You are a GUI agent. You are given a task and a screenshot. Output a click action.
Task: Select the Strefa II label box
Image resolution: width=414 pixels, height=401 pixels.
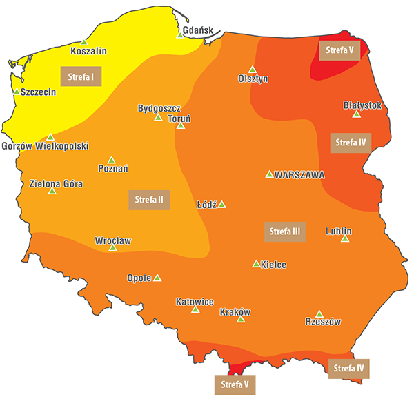[149, 199]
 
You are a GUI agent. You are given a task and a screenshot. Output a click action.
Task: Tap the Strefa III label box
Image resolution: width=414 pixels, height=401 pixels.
[285, 231]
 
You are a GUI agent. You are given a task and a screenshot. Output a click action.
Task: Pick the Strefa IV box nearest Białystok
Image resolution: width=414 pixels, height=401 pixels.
[351, 143]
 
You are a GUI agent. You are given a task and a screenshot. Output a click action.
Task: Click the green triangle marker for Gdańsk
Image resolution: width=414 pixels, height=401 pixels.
[180, 34]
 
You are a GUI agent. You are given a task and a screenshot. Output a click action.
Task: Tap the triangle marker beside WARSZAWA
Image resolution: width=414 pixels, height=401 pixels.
[269, 174]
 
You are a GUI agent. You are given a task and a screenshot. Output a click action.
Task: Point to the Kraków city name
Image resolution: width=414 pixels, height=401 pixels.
[235, 312]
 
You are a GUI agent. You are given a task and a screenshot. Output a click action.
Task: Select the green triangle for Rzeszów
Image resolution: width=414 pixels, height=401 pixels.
[319, 314]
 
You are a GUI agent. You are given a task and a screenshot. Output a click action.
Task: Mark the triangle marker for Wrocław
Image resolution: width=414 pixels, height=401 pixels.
[113, 247]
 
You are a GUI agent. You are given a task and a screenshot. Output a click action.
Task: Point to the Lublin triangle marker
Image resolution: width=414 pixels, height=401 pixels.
[345, 238]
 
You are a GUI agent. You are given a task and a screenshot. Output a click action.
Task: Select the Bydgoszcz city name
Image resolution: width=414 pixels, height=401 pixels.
[159, 108]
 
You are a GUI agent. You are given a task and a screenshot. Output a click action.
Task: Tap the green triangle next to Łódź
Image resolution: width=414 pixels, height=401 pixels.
[222, 205]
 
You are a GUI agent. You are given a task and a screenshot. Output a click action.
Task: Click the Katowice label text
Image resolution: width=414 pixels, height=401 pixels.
[195, 302]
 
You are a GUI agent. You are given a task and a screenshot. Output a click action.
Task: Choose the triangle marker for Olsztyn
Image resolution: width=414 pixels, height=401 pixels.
[253, 69]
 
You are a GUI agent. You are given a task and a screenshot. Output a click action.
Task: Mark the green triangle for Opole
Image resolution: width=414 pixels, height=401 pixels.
[157, 278]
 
